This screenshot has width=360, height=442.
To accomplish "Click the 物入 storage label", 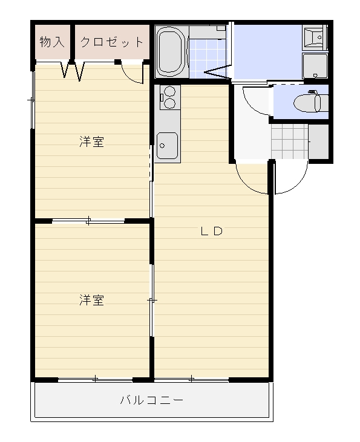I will [x=52, y=42].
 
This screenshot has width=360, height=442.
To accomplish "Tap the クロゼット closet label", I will [x=112, y=42].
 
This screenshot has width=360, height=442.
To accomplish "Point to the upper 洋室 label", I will [x=91, y=142].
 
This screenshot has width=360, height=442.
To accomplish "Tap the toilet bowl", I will [x=309, y=103].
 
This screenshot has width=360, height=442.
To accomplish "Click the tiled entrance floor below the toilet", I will [x=289, y=140].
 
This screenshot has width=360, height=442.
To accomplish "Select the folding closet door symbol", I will [x=73, y=71].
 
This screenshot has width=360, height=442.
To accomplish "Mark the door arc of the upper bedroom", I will [x=133, y=73].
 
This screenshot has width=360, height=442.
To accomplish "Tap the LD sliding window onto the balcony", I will [x=191, y=379].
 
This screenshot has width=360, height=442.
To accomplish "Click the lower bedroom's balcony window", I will [x=95, y=379].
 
